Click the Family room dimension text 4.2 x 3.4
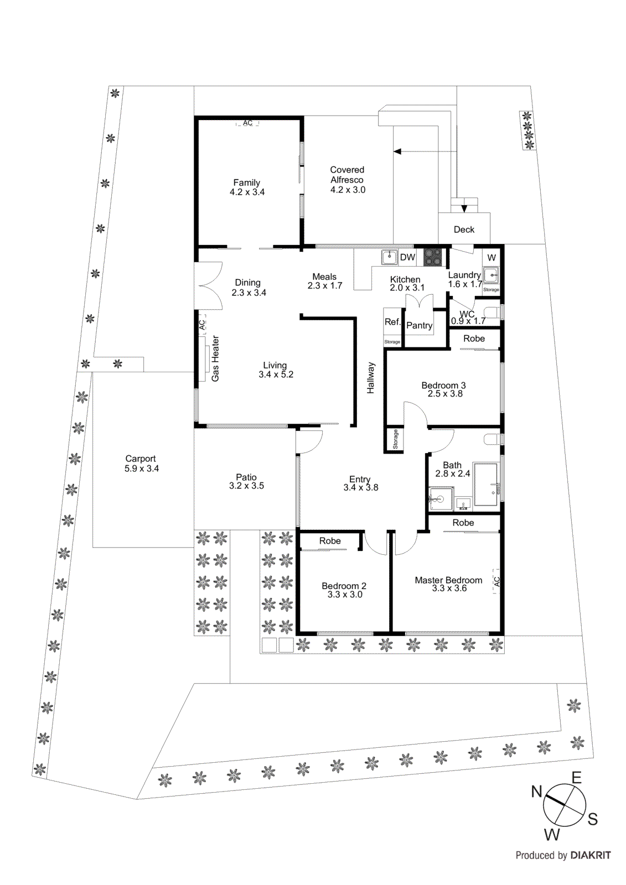(x=247, y=192)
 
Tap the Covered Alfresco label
(x=347, y=175)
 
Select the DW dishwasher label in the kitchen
(x=407, y=257)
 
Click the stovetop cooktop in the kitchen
(x=433, y=257)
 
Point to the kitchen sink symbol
(x=390, y=257)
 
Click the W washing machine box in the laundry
(x=492, y=258)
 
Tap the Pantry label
(x=419, y=326)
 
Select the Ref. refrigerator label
(x=392, y=322)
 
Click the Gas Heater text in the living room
(x=215, y=358)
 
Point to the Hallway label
(x=371, y=378)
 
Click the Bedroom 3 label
(x=443, y=385)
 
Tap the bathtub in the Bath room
(x=486, y=485)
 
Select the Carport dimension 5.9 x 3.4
(x=142, y=468)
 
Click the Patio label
(x=246, y=477)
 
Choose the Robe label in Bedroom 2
(x=330, y=541)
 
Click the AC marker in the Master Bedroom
(x=496, y=582)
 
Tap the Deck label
(x=464, y=230)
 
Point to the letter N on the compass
(x=536, y=792)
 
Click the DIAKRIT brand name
(x=591, y=855)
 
